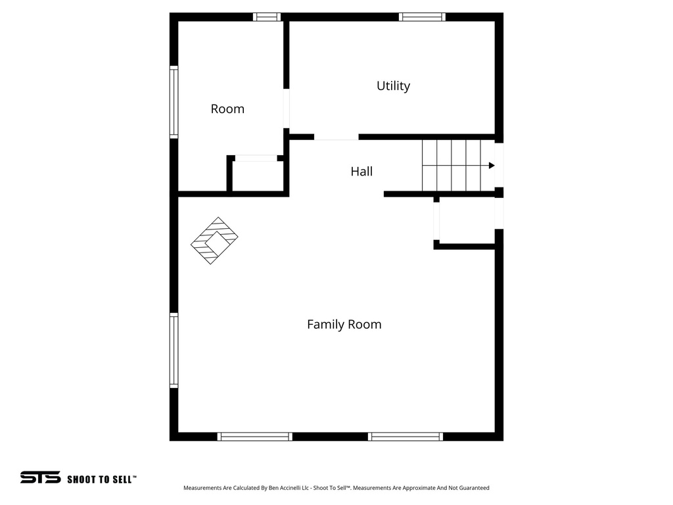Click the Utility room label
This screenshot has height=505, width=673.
click(x=393, y=86)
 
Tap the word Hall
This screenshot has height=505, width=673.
click(x=361, y=172)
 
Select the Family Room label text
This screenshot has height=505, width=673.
click(x=344, y=324)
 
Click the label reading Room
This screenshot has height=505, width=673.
click(x=227, y=109)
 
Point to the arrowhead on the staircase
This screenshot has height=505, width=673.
click(x=491, y=166)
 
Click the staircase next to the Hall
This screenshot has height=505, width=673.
click(x=458, y=166)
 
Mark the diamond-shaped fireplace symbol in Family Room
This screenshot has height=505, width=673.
click(x=214, y=241)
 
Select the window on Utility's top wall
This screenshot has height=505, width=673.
click(x=423, y=17)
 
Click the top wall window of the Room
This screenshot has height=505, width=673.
click(x=267, y=17)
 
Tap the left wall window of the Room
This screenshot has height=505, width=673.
click(x=174, y=102)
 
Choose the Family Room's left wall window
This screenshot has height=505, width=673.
click(x=174, y=350)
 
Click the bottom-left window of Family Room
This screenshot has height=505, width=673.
click(x=255, y=436)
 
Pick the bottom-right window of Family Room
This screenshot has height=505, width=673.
click(x=406, y=436)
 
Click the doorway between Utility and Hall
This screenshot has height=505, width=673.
click(x=336, y=137)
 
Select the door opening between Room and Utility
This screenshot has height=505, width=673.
click(x=287, y=108)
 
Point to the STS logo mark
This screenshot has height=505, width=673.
click(x=40, y=477)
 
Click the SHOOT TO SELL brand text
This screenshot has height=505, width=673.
click(x=101, y=479)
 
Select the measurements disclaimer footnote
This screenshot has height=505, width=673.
click(x=336, y=488)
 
